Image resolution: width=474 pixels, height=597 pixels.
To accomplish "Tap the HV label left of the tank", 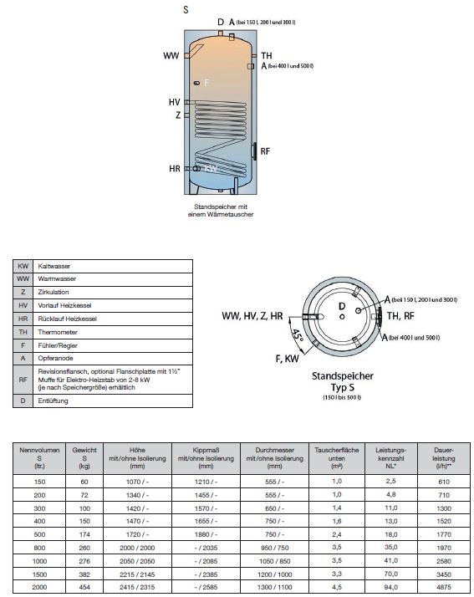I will pos(174,102).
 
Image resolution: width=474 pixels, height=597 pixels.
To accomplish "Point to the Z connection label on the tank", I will pos(178,115).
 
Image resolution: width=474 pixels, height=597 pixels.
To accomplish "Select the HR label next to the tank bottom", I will pos(174,169).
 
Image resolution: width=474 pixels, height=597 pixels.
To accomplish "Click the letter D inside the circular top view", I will pos(341,307).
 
